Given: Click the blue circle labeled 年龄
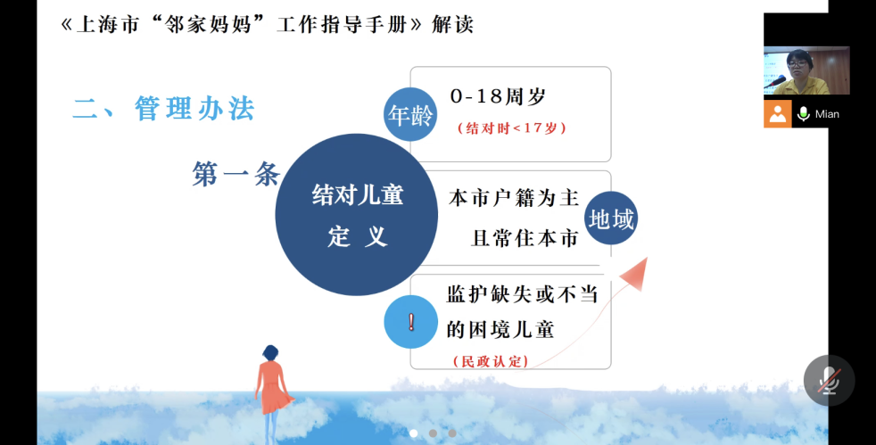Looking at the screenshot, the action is (x=410, y=114).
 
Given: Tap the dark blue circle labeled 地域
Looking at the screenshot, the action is (x=611, y=218).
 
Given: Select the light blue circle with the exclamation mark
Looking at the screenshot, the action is (x=410, y=322).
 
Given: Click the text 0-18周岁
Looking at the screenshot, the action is (x=498, y=96).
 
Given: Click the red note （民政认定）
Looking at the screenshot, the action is (x=491, y=361).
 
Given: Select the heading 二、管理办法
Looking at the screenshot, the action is (x=163, y=108).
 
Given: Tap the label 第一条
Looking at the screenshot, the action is (x=236, y=174).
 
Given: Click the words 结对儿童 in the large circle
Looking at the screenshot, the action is (x=358, y=195).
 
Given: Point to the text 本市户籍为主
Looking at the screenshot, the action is (x=514, y=198).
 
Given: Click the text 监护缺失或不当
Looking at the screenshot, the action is (x=523, y=294).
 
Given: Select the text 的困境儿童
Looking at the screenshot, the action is (x=500, y=329).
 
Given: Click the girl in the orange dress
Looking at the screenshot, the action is (x=273, y=394).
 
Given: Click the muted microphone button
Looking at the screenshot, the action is (x=829, y=380).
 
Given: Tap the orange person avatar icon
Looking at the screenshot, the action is (x=778, y=114).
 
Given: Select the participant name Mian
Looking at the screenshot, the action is (x=827, y=114).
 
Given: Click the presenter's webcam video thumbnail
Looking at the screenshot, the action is (x=806, y=70).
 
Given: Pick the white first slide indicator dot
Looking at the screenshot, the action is (x=413, y=433).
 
